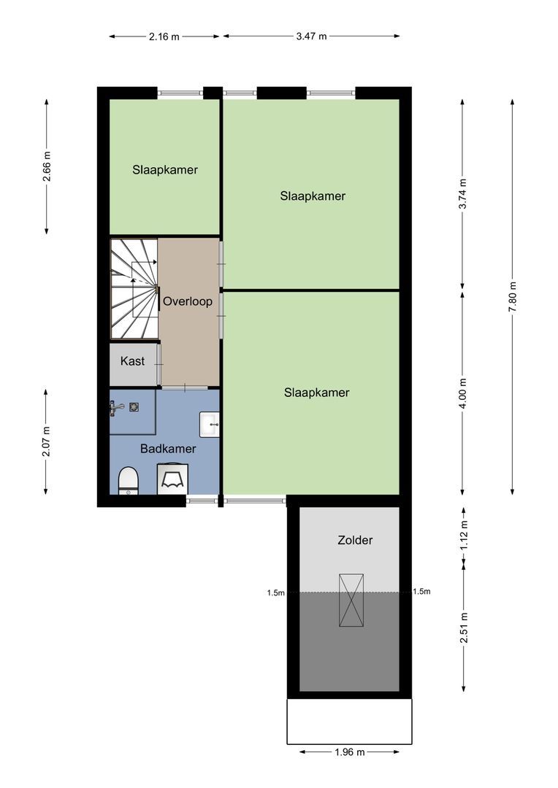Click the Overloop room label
click(188, 302)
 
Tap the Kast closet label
click(132, 361)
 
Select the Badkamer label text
click(168, 448)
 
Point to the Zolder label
click(355, 540)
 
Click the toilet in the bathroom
click(129, 481)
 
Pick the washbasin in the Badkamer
click(210, 425)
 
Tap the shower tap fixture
click(117, 408)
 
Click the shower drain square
click(134, 407)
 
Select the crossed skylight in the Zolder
click(351, 600)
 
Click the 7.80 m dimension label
click(512, 297)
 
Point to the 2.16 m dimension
click(164, 36)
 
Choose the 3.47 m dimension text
click(311, 36)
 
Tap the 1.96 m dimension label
click(350, 752)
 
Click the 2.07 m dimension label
click(46, 441)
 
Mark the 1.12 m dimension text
click(463, 534)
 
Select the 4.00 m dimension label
click(463, 393)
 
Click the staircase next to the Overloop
click(134, 289)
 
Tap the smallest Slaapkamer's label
click(165, 170)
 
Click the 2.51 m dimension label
click(463, 627)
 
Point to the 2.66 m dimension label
click(46, 166)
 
